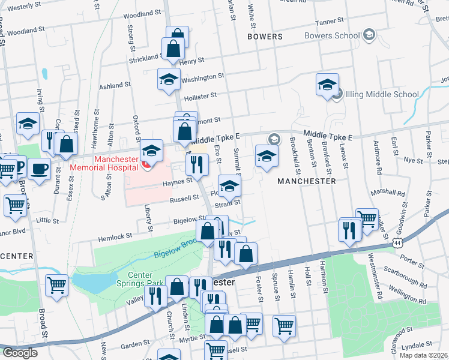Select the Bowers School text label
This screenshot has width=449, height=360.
pos(331,35)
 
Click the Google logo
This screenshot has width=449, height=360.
pos(20,353)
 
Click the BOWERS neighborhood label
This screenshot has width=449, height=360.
pos(264,37)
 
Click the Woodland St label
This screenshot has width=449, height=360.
pos(26,30)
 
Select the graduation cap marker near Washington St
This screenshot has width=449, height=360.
pos(169,79)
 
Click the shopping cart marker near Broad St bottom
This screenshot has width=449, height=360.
pos(57,286)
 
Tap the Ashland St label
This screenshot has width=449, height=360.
pos(114,86)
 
